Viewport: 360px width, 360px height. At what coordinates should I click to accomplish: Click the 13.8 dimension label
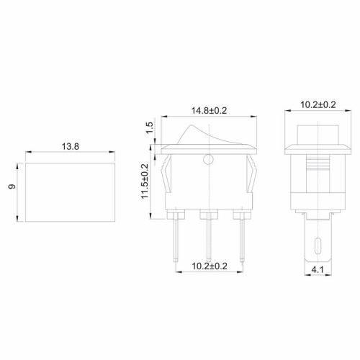click(x=70, y=146)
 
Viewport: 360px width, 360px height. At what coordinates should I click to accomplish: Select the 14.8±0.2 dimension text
click(x=209, y=111)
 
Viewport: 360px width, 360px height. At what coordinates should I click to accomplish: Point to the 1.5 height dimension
click(x=150, y=130)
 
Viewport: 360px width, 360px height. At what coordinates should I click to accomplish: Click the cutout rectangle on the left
click(x=70, y=191)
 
